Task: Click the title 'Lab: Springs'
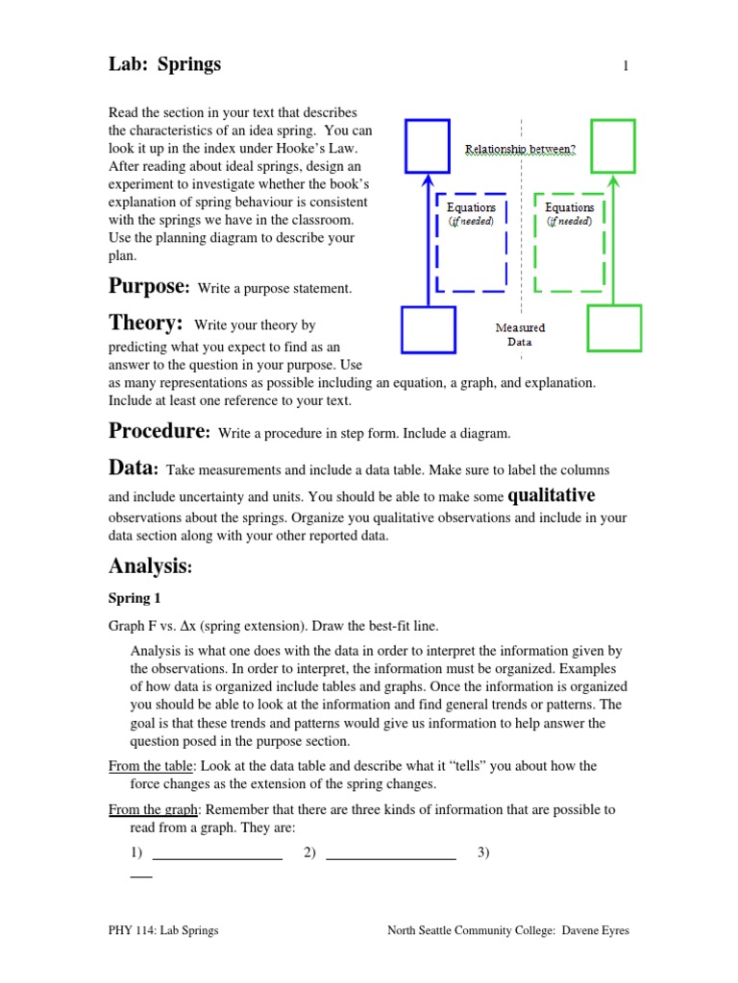tap(164, 64)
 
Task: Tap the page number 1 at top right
tap(626, 66)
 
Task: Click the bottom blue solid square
tap(429, 330)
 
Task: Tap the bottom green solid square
tap(613, 328)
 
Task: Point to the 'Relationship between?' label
tap(520, 150)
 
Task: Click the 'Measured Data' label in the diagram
tap(519, 334)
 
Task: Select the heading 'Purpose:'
tap(149, 286)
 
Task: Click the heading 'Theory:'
tap(145, 324)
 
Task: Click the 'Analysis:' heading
tap(151, 566)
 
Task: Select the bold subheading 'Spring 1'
tap(135, 598)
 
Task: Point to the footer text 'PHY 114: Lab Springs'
tap(163, 930)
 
